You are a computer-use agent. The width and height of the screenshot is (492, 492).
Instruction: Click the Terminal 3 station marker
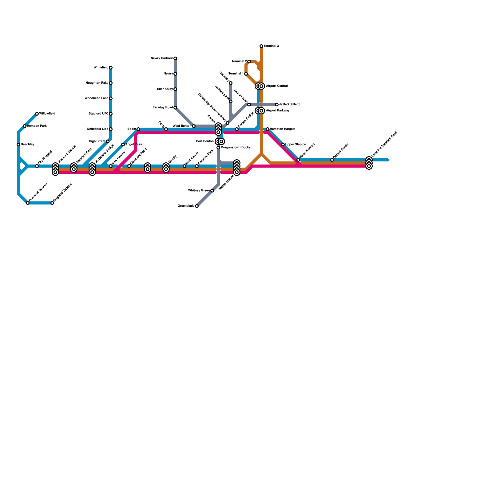[261, 46]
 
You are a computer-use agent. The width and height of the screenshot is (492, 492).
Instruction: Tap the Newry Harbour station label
[162, 58]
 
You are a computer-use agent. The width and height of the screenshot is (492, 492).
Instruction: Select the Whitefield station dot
[111, 68]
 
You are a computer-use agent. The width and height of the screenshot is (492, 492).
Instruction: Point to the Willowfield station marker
[37, 114]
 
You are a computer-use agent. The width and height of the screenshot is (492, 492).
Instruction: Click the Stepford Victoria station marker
[52, 203]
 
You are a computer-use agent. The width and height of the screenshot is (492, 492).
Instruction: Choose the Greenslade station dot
[197, 206]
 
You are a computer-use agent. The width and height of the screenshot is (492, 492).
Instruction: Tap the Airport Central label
[277, 86]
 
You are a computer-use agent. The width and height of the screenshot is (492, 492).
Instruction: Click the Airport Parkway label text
[278, 111]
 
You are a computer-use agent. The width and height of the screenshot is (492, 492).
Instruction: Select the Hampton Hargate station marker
[268, 129]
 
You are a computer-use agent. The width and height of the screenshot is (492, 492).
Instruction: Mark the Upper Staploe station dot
[283, 145]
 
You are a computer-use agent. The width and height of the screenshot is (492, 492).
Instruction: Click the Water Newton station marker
[298, 160]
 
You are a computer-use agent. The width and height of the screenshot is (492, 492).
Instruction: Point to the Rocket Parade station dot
[332, 160]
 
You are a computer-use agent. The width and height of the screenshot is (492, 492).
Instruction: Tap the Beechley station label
[27, 145]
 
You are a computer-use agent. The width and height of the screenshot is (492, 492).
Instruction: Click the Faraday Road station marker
[175, 108]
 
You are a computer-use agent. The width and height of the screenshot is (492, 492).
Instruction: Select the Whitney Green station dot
[212, 191]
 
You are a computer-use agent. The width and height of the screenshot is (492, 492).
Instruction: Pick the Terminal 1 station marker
[246, 74]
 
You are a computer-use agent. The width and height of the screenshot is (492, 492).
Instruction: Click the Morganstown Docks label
[236, 148]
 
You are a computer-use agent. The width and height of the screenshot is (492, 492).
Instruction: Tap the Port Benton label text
[205, 141]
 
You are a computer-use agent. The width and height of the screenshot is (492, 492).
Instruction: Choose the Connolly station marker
[231, 83]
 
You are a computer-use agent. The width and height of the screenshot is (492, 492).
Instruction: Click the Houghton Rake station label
[97, 83]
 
